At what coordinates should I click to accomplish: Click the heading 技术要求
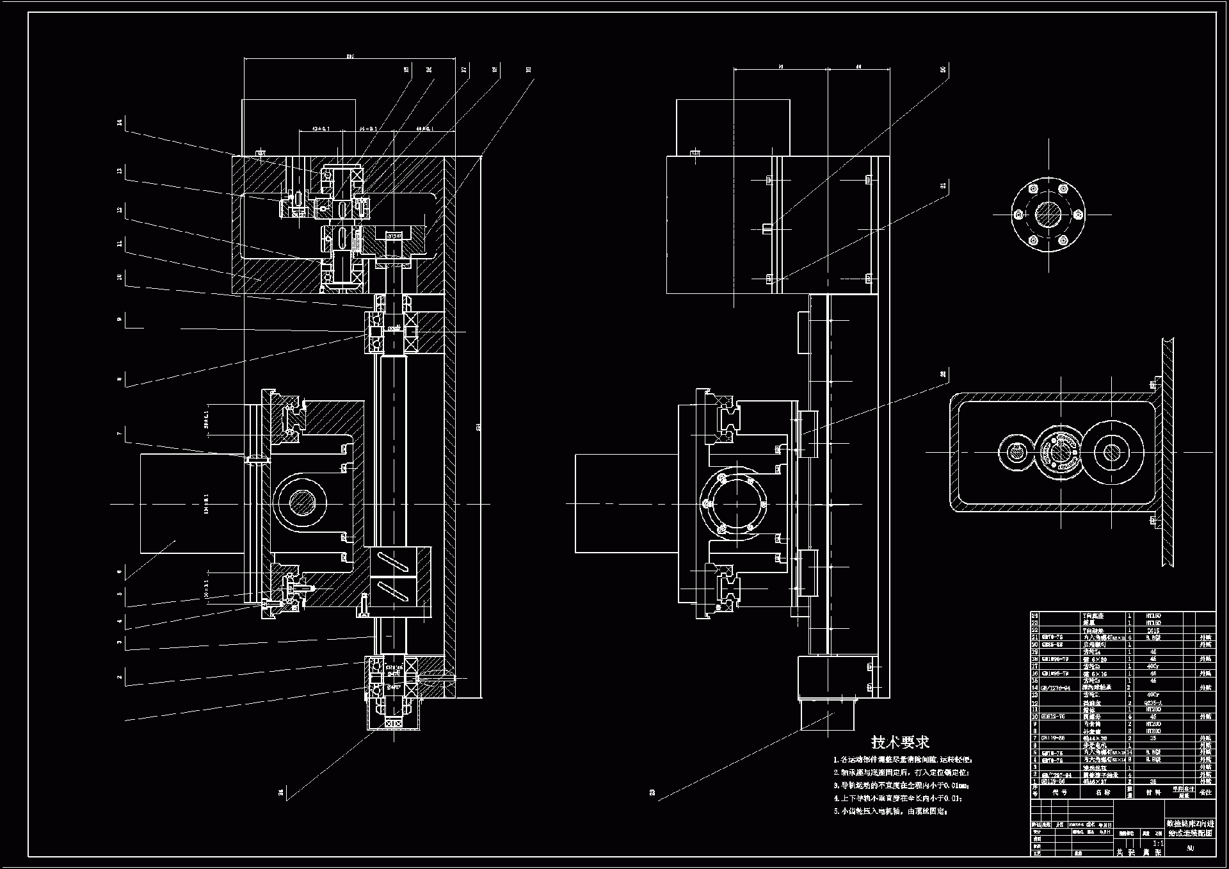899,742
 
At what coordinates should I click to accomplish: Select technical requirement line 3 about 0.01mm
901,785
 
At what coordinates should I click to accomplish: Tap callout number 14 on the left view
120,122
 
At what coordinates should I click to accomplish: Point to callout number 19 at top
529,69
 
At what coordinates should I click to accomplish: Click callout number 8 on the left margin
120,380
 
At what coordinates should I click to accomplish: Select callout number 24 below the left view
281,793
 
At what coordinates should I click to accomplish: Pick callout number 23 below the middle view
652,793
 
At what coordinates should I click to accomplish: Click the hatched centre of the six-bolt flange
1048,214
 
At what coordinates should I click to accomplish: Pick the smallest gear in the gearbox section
1016,452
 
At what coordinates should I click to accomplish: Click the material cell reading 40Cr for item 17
1153,666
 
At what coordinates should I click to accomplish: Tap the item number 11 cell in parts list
1035,710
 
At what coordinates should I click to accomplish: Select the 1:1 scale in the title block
1158,844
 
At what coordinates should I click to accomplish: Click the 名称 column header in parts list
1102,792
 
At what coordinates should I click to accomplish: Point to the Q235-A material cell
1153,703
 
